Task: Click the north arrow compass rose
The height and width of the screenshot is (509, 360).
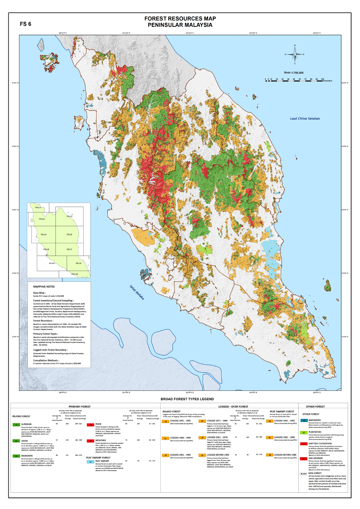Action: coord(294,54)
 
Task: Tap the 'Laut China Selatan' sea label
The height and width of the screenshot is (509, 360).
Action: coord(305,119)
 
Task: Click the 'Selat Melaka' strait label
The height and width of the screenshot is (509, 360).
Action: coord(137,293)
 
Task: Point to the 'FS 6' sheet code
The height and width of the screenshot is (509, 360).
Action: coord(25,24)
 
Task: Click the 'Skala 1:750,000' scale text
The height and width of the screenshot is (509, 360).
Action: coord(294,73)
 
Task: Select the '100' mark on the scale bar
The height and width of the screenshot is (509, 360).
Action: coord(322,79)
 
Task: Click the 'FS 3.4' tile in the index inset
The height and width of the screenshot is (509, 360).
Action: coord(44,235)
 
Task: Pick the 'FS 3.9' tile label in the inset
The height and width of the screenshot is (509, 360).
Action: coord(78,263)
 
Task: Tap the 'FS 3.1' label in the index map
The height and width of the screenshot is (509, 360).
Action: coord(38,208)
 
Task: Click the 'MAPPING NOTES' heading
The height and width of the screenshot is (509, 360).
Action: coord(44,286)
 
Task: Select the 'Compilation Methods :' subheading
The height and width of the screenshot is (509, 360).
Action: coord(46,360)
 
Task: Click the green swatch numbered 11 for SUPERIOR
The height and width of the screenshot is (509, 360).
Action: coord(16,425)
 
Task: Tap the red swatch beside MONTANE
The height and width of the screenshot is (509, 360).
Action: coord(90,441)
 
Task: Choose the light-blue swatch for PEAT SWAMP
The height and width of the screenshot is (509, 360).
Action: coord(90,462)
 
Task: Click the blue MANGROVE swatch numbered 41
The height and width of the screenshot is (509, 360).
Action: coord(304,421)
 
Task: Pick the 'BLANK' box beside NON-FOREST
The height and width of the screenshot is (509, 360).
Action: coord(303,474)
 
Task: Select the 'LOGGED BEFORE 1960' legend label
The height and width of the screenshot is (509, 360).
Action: coord(218,455)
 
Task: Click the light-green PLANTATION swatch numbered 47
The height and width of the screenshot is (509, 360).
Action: coord(304,432)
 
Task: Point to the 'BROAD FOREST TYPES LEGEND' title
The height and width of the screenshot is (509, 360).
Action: coord(187,399)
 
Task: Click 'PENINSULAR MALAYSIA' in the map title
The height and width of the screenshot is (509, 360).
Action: coord(180,25)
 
